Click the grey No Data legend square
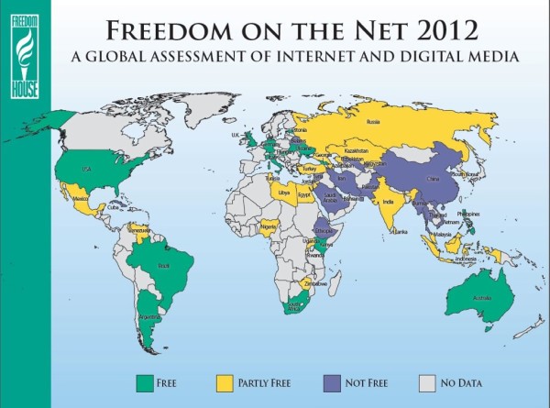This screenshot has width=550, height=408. click(x=426, y=381)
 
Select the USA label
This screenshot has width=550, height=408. click(x=87, y=168)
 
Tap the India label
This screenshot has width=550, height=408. click(x=387, y=201)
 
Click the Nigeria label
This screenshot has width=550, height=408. click(x=268, y=225)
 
